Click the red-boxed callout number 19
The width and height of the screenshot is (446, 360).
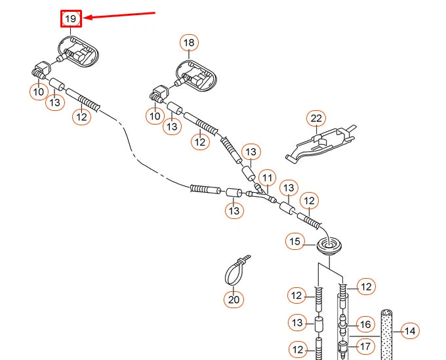pyautogui.click(x=71, y=19)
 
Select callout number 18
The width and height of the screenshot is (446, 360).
pyautogui.click(x=189, y=43)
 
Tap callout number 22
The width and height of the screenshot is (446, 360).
pyautogui.click(x=316, y=118)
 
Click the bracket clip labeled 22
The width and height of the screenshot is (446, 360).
pyautogui.click(x=321, y=143)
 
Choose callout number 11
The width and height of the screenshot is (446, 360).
pyautogui.click(x=268, y=178)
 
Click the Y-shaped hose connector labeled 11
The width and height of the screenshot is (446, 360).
pyautogui.click(x=261, y=195)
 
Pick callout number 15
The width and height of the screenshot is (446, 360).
pyautogui.click(x=295, y=241)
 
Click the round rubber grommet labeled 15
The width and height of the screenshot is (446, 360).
pyautogui.click(x=329, y=246)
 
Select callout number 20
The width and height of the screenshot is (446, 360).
pyautogui.click(x=233, y=300)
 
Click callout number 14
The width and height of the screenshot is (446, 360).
pyautogui.click(x=410, y=331)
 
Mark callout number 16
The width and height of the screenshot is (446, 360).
pyautogui.click(x=365, y=325)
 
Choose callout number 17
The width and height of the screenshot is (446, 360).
pyautogui.click(x=365, y=346)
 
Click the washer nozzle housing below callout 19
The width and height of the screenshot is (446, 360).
pyautogui.click(x=79, y=52)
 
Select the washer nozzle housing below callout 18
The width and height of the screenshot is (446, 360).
pyautogui.click(x=196, y=76)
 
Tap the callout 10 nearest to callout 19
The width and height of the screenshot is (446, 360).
pyautogui.click(x=39, y=92)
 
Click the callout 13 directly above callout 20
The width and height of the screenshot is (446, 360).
pyautogui.click(x=234, y=210)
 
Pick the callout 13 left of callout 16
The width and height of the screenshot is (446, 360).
pyautogui.click(x=298, y=323)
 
